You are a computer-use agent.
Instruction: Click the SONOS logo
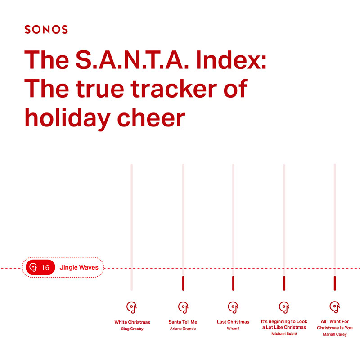(46, 29)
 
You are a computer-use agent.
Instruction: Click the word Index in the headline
(231, 59)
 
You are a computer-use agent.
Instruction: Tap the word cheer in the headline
(151, 118)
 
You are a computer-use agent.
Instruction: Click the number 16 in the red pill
(45, 267)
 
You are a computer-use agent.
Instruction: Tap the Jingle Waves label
(79, 267)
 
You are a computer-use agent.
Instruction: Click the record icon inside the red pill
(33, 267)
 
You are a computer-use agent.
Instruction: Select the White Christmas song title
(132, 322)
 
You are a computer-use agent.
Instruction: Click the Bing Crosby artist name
(132, 329)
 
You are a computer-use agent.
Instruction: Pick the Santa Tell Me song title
(183, 322)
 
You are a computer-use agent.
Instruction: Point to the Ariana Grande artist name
(183, 328)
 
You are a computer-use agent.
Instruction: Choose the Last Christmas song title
(233, 322)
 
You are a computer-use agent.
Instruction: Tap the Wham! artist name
(233, 328)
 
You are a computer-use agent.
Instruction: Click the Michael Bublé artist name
(284, 333)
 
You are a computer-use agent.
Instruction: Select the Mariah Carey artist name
(335, 334)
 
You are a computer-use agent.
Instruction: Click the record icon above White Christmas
(132, 307)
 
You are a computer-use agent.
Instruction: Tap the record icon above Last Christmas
(233, 307)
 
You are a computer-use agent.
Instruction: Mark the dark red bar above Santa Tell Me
(183, 283)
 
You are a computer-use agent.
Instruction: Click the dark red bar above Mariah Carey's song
(335, 283)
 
